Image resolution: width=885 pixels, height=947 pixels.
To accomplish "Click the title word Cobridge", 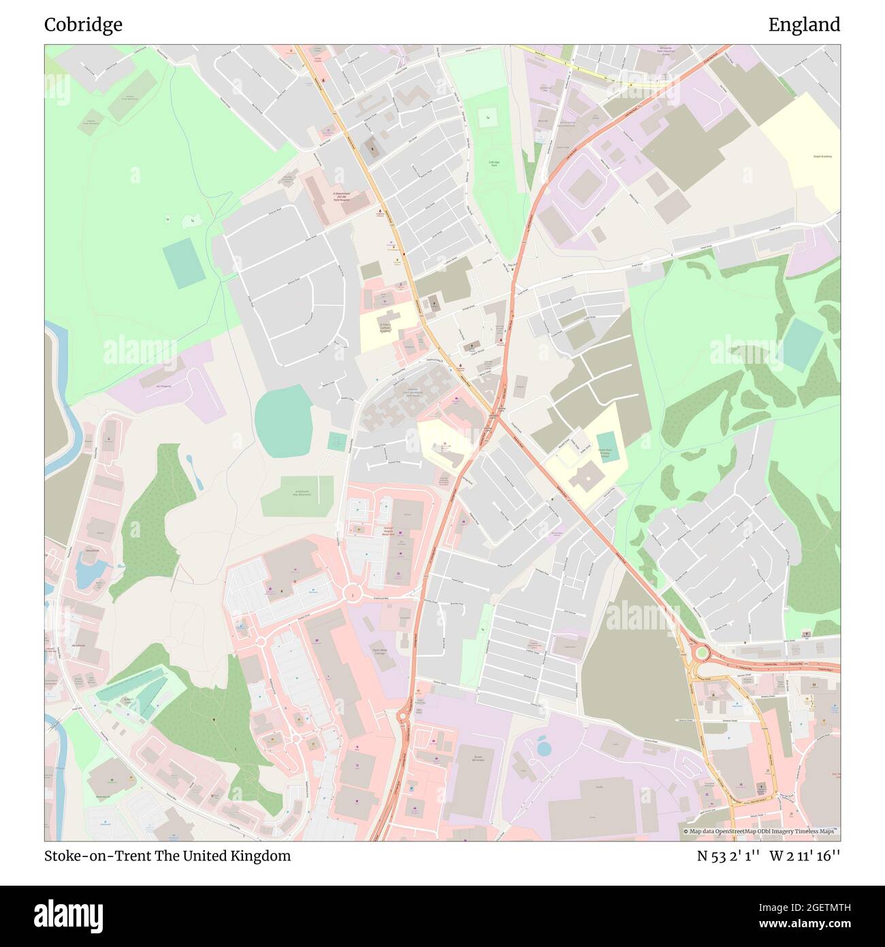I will point(83,25).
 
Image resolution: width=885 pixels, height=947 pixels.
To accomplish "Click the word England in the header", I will point(803,25).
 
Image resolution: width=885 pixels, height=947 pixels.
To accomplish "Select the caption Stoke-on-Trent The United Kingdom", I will point(167,856).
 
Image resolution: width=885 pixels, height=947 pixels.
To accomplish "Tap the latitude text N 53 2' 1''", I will point(728,856).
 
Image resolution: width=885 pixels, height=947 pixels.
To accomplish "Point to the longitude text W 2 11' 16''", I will point(805,856).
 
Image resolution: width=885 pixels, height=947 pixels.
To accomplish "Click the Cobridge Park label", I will point(494,164).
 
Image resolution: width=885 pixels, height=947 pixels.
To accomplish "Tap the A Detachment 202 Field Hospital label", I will point(340,196).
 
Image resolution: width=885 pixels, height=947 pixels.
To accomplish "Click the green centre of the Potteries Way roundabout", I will point(701,655).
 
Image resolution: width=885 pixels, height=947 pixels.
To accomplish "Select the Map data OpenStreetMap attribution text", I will point(761,831).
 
